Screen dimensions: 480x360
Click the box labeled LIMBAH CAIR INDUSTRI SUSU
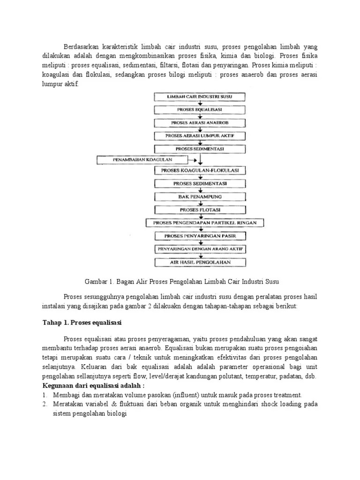point(200,97)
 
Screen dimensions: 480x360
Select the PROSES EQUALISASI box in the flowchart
point(200,110)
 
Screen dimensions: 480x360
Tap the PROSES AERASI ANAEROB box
point(200,123)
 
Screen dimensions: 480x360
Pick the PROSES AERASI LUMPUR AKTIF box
point(200,136)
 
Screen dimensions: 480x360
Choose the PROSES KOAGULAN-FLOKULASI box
point(200,171)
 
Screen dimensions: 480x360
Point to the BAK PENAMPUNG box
point(200,197)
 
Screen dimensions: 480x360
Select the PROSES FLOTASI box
point(200,210)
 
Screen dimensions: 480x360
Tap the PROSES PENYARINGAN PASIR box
point(200,236)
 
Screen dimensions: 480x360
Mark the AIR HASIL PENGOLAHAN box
point(200,262)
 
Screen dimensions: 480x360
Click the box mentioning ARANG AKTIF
point(200,249)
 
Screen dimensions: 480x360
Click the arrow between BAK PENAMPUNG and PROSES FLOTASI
point(200,203)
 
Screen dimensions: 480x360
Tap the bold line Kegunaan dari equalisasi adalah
point(94,385)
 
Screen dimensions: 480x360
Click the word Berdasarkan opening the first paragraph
point(83,47)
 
